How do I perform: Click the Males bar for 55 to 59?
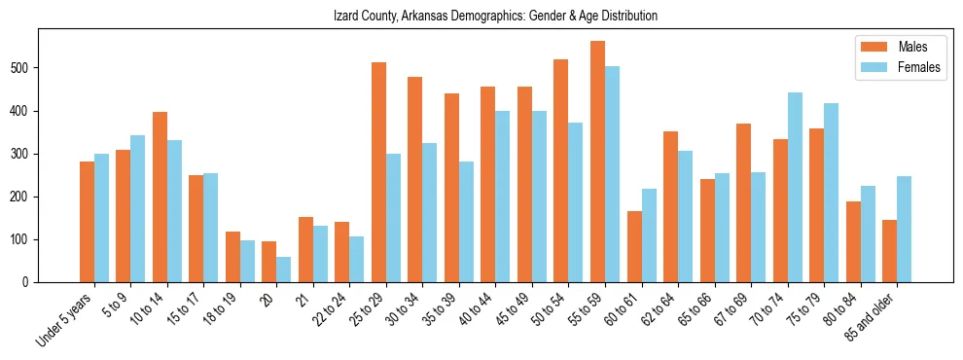pos(597,162)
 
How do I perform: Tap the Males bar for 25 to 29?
pos(378,172)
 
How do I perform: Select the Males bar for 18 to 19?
pos(232,257)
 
